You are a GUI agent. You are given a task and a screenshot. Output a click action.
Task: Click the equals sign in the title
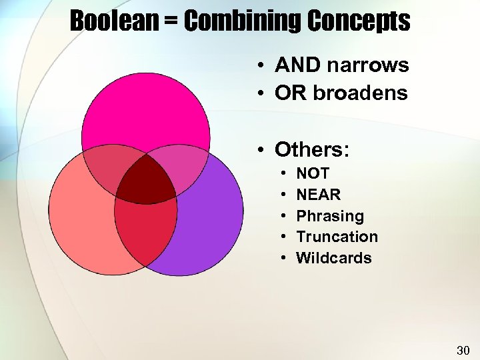(173, 23)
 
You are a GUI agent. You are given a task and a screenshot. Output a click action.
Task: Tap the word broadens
(361, 93)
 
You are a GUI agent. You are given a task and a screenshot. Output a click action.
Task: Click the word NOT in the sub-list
(313, 173)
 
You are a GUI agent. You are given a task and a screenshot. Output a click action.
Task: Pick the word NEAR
(319, 195)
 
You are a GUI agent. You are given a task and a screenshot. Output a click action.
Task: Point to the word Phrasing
(330, 216)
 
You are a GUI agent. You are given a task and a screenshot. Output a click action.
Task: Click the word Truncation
(337, 237)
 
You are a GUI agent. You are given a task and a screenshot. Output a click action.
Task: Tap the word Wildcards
(334, 258)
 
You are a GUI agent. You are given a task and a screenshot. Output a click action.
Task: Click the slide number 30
(463, 350)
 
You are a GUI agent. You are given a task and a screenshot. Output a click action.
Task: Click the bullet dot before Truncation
(283, 237)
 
